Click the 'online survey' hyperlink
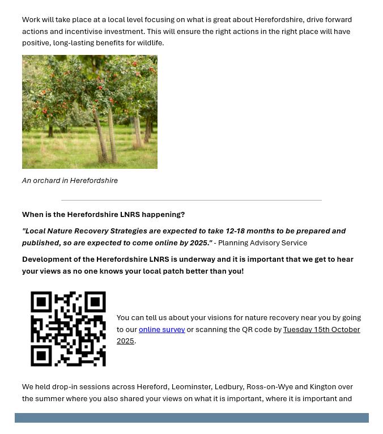tap(161, 329)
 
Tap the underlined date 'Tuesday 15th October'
tap(321, 329)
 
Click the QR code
tap(68, 329)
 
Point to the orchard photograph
tap(90, 112)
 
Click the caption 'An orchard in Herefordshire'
tap(70, 181)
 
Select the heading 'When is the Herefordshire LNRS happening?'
tap(103, 215)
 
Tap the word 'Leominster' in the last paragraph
tap(191, 387)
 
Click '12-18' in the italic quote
tap(237, 231)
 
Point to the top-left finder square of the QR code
tap(41, 302)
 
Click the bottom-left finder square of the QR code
tap(41, 355)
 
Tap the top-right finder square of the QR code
tap(95, 302)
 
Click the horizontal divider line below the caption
tap(191, 200)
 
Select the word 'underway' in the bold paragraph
tap(197, 259)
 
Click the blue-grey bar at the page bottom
tap(191, 418)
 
